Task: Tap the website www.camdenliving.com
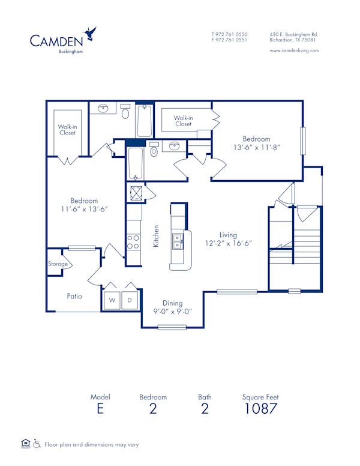click(294, 51)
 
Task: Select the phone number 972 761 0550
click(232, 34)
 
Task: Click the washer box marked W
click(112, 300)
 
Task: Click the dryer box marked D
click(129, 300)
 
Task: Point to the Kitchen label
click(156, 236)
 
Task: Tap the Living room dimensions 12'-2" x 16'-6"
click(228, 243)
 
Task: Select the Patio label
click(74, 296)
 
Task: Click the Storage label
click(58, 264)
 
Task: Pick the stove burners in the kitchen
click(133, 242)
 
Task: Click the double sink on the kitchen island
click(178, 242)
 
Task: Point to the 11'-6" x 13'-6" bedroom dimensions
click(84, 209)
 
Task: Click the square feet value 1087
click(260, 410)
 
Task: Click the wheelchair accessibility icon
click(37, 444)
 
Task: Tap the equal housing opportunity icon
click(25, 444)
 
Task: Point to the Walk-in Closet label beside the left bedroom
click(67, 130)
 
